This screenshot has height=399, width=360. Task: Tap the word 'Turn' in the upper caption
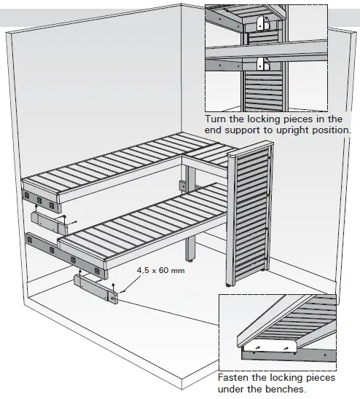point(216,119)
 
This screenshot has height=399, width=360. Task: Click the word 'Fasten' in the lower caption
point(235,378)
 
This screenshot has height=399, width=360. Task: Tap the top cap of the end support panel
point(249,150)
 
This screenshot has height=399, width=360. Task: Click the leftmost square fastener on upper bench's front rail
point(28,196)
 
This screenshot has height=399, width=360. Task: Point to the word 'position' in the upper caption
point(329,130)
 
